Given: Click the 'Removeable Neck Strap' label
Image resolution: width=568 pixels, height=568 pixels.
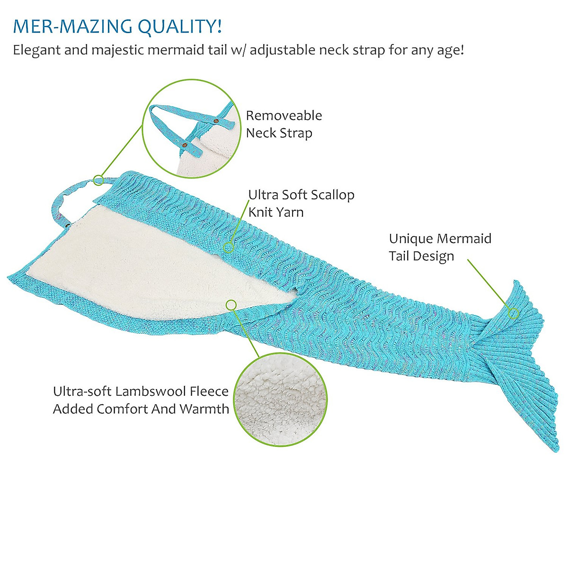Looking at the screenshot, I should click(284, 124).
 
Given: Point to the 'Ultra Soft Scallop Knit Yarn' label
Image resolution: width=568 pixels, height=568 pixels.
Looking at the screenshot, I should click(301, 203).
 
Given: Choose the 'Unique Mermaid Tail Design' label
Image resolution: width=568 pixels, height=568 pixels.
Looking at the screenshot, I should click(440, 247).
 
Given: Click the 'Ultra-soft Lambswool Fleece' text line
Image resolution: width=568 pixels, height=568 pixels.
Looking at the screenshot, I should click(141, 391).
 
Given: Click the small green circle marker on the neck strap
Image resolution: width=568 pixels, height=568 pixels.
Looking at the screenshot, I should click(98, 180).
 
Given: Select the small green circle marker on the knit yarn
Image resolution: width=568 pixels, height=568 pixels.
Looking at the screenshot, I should click(229, 247).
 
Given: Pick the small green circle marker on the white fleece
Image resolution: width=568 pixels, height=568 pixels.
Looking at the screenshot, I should click(231, 305).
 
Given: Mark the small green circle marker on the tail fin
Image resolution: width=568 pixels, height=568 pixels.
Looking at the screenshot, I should click(513, 313).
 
